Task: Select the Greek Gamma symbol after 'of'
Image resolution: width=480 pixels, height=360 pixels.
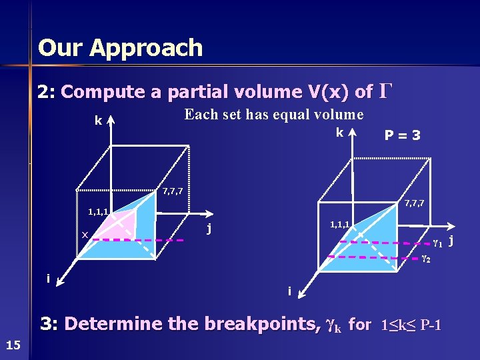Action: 385,90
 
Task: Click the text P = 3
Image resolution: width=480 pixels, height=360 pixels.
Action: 402,135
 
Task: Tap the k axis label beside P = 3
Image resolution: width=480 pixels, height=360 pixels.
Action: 339,133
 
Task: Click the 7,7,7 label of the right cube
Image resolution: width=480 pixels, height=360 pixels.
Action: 414,203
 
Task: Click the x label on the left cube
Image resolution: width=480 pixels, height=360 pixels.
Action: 85,235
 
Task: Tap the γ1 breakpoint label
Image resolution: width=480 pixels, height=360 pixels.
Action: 437,241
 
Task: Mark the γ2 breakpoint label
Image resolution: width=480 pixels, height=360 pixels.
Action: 425,258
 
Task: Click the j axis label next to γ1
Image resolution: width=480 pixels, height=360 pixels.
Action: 451,239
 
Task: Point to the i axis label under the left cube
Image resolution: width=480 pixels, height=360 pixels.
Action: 48,277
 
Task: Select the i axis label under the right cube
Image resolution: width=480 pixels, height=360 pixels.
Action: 289,291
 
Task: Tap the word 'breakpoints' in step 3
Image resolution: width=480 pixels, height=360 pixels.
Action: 267,325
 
